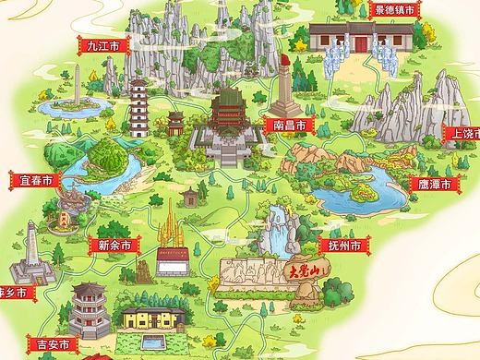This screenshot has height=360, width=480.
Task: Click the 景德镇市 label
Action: (x=394, y=11)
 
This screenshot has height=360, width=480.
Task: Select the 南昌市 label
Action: (x=289, y=123)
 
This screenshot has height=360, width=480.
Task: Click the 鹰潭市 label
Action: (x=434, y=184)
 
